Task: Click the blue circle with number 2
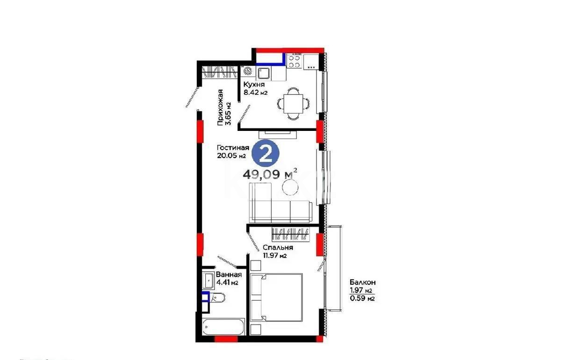tap(266, 153)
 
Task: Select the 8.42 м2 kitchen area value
tap(255, 93)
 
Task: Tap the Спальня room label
tap(278, 248)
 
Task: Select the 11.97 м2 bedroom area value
tap(274, 256)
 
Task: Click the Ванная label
tap(229, 274)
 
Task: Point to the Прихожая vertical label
tap(223, 108)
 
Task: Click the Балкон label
tap(363, 282)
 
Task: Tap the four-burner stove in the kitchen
tap(295, 61)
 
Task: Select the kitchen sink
tap(263, 73)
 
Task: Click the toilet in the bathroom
tap(217, 297)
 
